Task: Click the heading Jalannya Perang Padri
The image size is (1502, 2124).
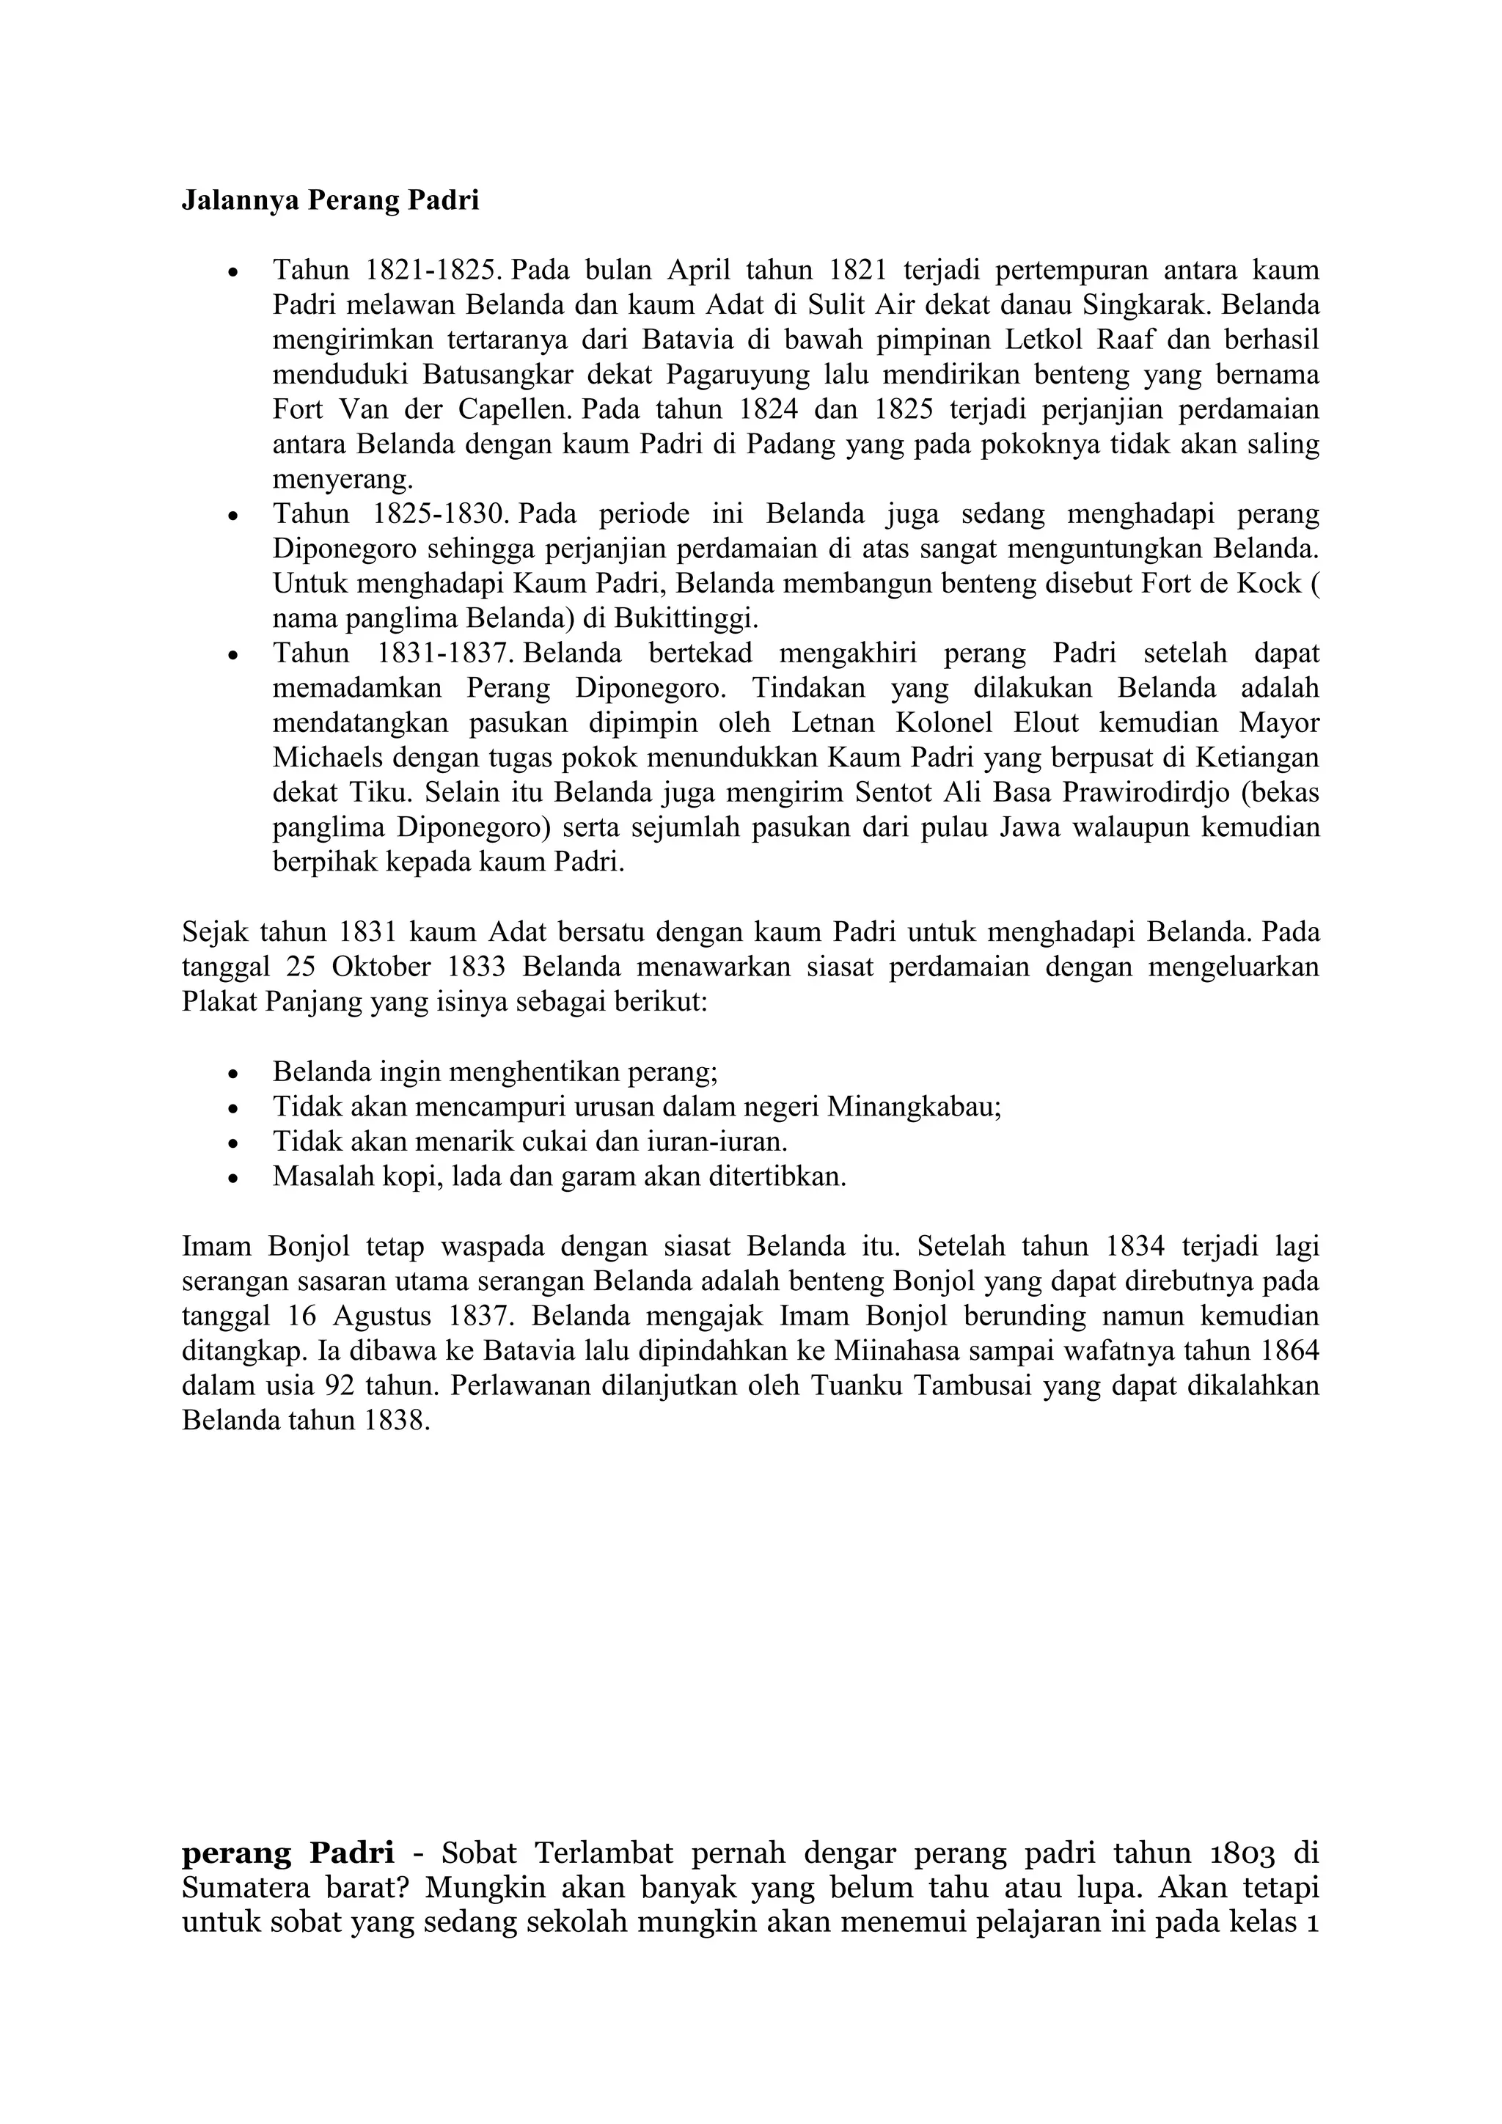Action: click(330, 201)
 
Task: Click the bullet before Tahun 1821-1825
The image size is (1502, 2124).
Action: click(234, 273)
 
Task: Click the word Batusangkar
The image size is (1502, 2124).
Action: click(496, 375)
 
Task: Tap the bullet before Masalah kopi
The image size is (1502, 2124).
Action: click(234, 1179)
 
